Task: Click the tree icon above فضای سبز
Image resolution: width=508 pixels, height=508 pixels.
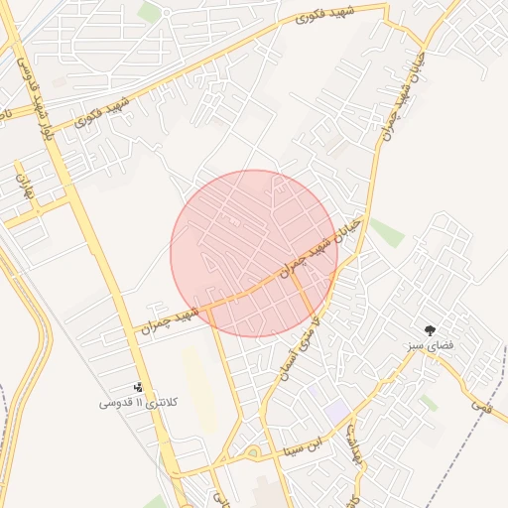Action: [431, 329]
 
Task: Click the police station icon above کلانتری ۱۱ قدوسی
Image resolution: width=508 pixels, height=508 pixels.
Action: [138, 387]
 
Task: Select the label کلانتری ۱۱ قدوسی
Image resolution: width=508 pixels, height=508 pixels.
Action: [139, 403]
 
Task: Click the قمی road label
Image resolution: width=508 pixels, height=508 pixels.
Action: [481, 404]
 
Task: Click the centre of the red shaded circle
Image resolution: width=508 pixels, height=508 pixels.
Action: [254, 253]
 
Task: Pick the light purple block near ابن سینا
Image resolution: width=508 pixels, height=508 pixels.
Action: [336, 409]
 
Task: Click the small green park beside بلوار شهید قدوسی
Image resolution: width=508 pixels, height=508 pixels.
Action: [149, 12]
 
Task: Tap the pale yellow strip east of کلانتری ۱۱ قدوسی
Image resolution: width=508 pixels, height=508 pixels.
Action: [197, 387]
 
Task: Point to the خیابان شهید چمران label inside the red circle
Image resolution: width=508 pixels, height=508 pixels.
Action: [318, 243]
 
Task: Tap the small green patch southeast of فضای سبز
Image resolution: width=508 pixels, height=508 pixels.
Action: [428, 402]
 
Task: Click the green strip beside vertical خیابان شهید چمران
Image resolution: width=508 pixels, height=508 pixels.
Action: [386, 232]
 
